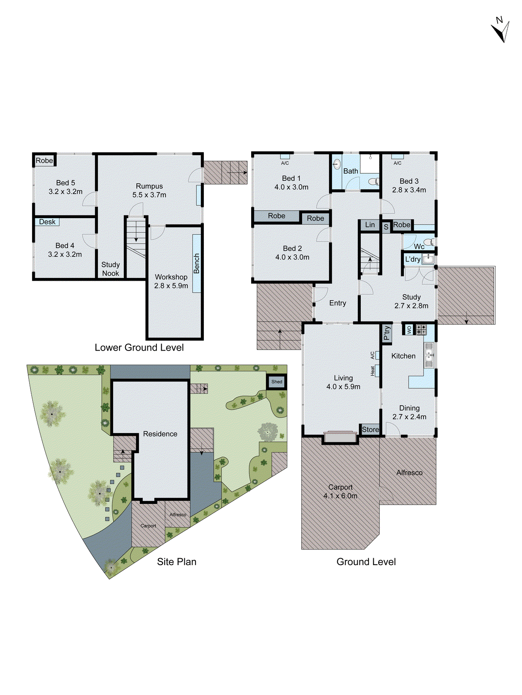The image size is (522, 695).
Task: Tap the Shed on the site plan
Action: click(x=276, y=382)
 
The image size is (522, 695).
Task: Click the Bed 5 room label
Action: click(x=66, y=183)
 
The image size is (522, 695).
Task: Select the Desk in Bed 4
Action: click(x=47, y=222)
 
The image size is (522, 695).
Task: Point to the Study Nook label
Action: click(x=110, y=269)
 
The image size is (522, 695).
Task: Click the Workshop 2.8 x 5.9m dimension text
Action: click(x=171, y=286)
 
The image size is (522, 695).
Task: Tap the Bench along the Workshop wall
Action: click(x=196, y=263)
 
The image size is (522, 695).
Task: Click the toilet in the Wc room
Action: click(x=429, y=242)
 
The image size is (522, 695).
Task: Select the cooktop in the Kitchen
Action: click(x=421, y=329)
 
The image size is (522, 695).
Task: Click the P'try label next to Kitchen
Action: click(x=386, y=333)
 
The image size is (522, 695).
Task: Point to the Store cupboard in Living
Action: click(x=370, y=430)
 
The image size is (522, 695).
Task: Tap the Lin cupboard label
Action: click(x=370, y=225)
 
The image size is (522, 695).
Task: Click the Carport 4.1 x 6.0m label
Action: click(x=340, y=492)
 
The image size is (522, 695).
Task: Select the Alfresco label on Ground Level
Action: click(x=409, y=473)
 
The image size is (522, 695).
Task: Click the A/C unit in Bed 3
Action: click(x=397, y=157)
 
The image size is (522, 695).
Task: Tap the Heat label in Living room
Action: click(x=372, y=371)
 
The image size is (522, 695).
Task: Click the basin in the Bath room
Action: click(x=337, y=165)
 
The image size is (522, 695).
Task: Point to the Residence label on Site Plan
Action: click(x=160, y=434)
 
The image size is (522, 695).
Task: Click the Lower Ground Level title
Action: click(x=139, y=347)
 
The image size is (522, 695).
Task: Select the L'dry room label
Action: click(x=412, y=259)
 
